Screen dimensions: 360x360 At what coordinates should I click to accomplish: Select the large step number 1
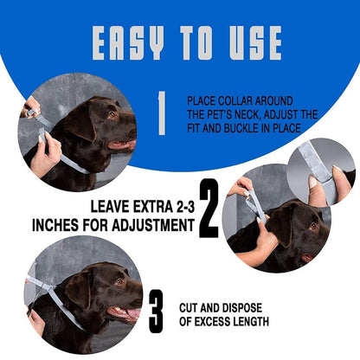point(160,114)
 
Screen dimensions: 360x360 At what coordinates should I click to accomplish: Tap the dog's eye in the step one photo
point(111,114)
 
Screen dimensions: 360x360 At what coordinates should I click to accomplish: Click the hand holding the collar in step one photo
point(43,156)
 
